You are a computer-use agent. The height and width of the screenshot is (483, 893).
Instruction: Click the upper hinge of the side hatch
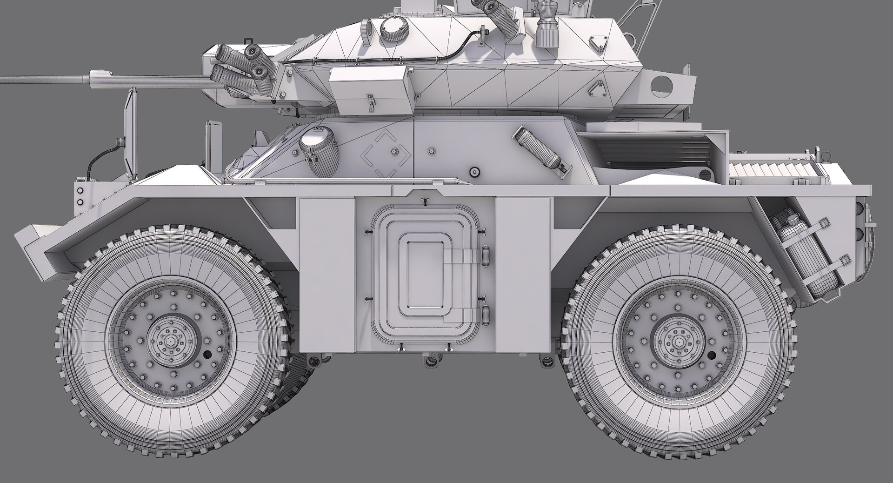coord(486,255)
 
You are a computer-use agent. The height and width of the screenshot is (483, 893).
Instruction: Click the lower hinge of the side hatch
coord(486,315)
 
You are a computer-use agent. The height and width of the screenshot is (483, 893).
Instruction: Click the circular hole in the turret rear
coord(662,85)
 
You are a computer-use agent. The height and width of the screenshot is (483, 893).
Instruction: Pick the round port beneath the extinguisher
coord(474,172)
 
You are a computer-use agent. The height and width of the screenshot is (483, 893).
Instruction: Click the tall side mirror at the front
coord(130,135)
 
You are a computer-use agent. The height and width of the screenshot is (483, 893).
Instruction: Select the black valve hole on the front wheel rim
coord(207,355)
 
